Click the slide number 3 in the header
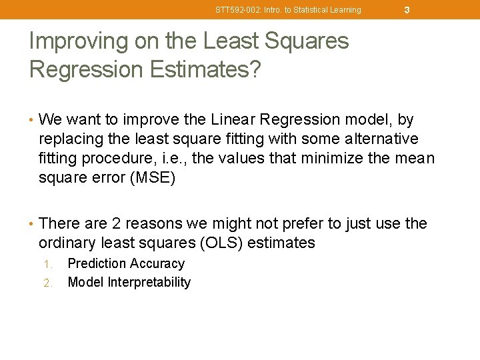point(406,9)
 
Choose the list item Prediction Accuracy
point(126,264)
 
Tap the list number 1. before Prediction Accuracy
point(48,265)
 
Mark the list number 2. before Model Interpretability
point(48,283)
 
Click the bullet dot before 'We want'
point(32,121)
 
